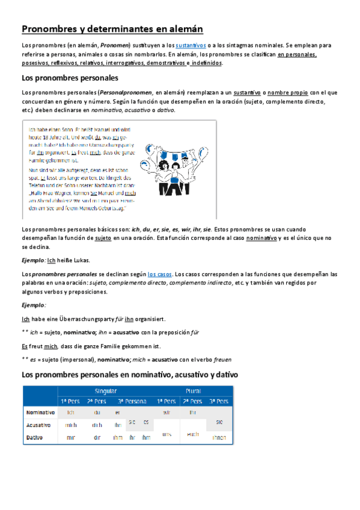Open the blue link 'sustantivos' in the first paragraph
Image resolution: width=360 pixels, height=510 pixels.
click(191, 45)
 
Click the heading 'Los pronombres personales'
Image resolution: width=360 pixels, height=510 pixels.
click(70, 78)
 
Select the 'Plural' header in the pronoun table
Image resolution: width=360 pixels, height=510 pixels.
click(194, 391)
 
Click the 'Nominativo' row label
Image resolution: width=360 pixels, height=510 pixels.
click(40, 413)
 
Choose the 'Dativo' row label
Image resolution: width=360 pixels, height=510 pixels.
click(36, 437)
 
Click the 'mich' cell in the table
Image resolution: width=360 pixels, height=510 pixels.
click(70, 425)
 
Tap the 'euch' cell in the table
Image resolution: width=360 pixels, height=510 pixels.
click(193, 432)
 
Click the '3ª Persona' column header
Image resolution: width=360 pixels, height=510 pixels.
click(131, 401)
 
